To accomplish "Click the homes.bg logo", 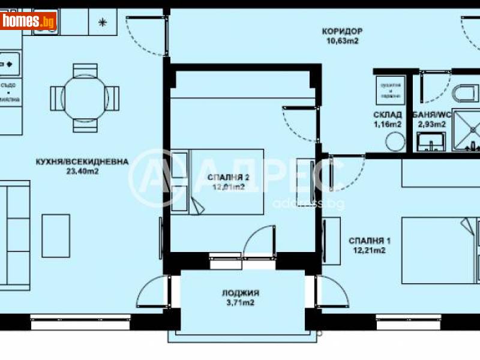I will pyautogui.click(x=29, y=22).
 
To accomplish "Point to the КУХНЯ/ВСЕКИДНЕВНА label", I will pyautogui.click(x=82, y=161).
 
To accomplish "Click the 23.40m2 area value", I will pyautogui.click(x=82, y=171).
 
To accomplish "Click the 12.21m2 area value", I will pyautogui.click(x=367, y=251).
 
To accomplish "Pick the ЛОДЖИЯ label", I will pyautogui.click(x=240, y=293).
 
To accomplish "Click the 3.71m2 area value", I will pyautogui.click(x=240, y=304).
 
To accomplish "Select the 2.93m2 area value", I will pyautogui.click(x=430, y=124).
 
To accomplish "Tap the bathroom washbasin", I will pyautogui.click(x=431, y=142).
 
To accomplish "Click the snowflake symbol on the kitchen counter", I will pyautogui.click(x=103, y=23).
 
